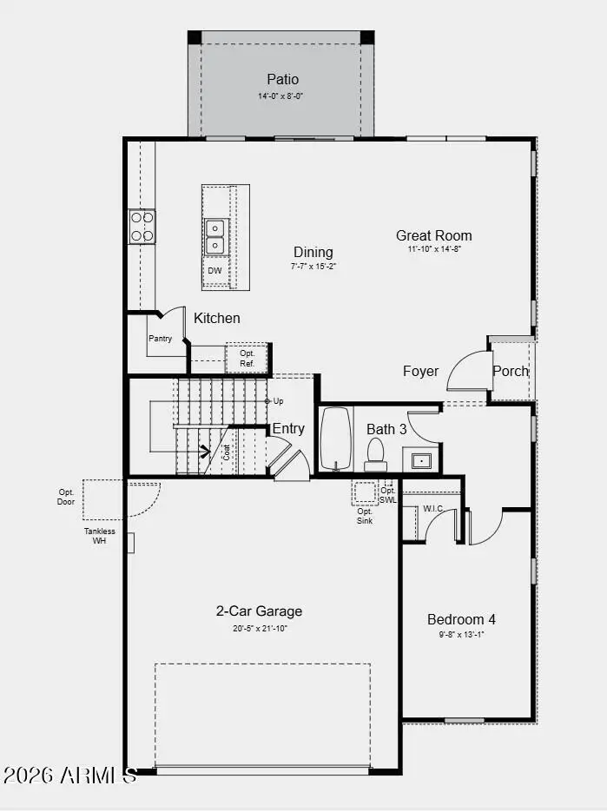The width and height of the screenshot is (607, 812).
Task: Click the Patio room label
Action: pos(282,80)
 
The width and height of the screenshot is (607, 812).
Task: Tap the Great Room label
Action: pos(434,235)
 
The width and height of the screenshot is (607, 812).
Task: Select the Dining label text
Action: pos(313,253)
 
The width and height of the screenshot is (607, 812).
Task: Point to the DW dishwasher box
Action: pos(214,272)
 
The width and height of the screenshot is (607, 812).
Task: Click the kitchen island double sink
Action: pos(214,236)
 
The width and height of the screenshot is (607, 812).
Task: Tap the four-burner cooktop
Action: pos(142,226)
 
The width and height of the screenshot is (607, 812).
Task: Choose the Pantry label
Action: pos(160,339)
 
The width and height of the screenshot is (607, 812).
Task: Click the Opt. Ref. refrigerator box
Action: pos(247,358)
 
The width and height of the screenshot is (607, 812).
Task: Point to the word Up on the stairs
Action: pos(278,401)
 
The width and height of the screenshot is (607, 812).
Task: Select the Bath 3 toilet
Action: pos(376,452)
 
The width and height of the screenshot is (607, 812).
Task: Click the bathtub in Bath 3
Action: pos(334,439)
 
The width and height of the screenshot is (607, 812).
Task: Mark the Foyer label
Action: pos(421,372)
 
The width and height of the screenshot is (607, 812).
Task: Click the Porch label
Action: pos(511,372)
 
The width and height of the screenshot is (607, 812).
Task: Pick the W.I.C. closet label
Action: pos(433,510)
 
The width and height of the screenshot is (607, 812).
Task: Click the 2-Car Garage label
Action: pos(259,611)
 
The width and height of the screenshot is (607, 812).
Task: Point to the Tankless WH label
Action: pos(100,536)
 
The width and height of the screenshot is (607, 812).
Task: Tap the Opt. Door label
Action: pos(66,497)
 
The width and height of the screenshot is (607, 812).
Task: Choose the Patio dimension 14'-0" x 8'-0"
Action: pos(280,96)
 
